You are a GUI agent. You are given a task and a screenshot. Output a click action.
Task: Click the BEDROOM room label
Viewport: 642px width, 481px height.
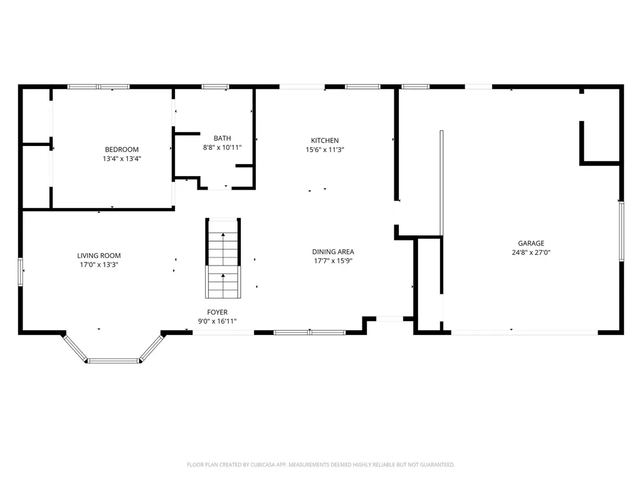122,149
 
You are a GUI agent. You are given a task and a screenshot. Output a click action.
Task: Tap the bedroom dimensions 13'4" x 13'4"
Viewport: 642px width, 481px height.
122,158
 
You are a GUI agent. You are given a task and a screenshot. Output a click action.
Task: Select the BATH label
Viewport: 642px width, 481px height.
222,138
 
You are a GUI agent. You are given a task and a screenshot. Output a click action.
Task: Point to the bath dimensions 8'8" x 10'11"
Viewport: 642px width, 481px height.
222,148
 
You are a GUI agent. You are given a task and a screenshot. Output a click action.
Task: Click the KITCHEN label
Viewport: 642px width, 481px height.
325,140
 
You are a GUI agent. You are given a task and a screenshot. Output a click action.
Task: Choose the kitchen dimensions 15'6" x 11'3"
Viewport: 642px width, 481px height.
325,150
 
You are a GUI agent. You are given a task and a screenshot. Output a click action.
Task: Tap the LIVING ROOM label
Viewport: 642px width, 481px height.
99,256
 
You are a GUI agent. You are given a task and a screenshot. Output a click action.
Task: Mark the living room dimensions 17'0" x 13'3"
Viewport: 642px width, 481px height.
99,265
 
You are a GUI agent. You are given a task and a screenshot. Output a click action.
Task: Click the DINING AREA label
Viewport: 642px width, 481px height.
333,252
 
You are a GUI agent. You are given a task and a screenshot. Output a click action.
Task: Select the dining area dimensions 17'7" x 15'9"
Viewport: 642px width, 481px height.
333,261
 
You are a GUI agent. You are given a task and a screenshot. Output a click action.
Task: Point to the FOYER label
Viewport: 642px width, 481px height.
218,312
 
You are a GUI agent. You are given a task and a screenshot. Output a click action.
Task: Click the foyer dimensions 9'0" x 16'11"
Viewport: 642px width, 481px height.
218,321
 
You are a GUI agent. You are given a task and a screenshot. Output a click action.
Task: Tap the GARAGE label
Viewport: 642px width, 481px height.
531,243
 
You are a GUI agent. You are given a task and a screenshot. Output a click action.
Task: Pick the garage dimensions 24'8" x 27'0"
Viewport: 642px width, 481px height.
531,252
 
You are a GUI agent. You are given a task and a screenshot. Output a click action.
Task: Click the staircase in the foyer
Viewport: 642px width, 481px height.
223,259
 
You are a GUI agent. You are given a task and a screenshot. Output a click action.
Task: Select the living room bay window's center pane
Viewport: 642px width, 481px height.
113,361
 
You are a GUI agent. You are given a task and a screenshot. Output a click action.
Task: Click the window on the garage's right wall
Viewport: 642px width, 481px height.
621,230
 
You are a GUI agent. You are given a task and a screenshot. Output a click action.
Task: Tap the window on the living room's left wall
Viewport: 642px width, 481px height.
21,272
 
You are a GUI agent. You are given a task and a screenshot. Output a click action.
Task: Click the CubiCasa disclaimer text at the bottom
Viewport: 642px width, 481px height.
321,465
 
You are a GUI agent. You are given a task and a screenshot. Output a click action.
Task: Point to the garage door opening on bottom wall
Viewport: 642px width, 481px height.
524,332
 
